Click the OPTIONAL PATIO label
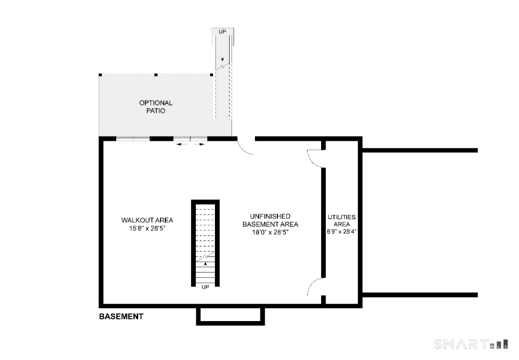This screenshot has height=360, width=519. click(156, 107)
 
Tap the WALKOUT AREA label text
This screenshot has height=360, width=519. click(147, 220)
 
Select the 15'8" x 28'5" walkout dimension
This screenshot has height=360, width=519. click(147, 228)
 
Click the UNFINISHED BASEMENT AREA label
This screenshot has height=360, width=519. click(270, 220)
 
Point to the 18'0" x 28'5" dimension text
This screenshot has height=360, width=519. click(270, 233)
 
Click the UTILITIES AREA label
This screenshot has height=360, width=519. click(341, 220)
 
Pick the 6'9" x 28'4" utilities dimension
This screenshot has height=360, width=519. click(341, 231)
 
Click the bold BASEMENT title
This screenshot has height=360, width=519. click(121, 316)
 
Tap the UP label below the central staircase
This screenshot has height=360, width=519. click(205, 287)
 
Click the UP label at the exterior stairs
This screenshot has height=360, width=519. click(222, 32)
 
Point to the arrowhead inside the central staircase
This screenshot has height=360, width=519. click(205, 263)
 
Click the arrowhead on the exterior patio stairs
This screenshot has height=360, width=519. click(222, 60)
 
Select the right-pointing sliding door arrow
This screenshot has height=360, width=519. click(199, 144)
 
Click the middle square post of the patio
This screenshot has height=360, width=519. click(156, 75)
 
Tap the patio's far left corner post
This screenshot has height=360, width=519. click(100, 75)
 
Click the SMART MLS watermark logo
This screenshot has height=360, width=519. click(471, 344)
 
